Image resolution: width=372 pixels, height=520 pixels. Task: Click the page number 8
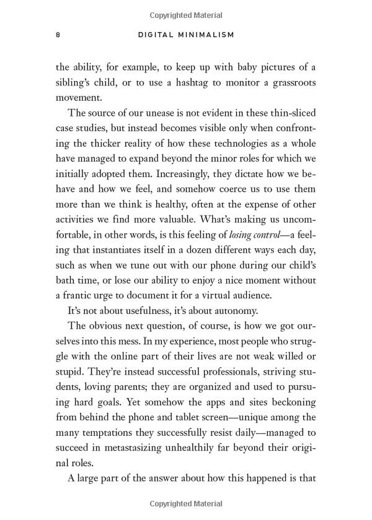[x=58, y=35]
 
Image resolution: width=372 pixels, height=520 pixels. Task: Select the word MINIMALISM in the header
[x=207, y=35]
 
